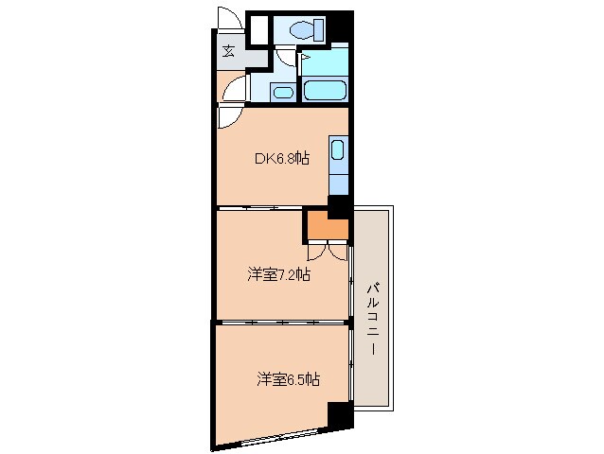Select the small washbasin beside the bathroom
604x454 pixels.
pos(281,92)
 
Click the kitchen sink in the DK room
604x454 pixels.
pos(338,150)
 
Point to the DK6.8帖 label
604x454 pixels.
pos(281,159)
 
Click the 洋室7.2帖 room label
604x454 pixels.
pos(279,275)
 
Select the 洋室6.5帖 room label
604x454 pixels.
pos(287,379)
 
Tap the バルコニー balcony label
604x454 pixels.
pos(371,316)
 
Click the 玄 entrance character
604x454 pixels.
pos(229,53)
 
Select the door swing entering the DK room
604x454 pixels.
pos(230,116)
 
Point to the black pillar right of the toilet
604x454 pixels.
pos(340,29)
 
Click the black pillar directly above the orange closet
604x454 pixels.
pos(339,205)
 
